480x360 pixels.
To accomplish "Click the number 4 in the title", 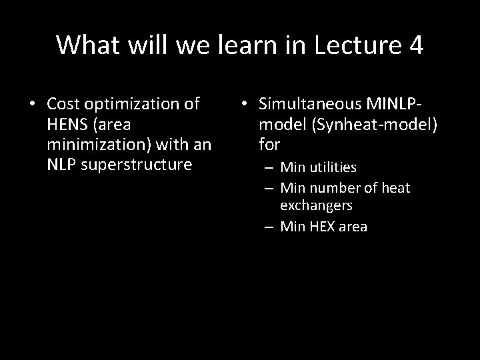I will (414, 45).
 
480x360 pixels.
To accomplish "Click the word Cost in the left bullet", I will (63, 104).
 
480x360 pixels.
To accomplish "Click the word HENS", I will (66, 124).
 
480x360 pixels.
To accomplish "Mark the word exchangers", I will (317, 207).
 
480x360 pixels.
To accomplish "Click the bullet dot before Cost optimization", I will (31, 105).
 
